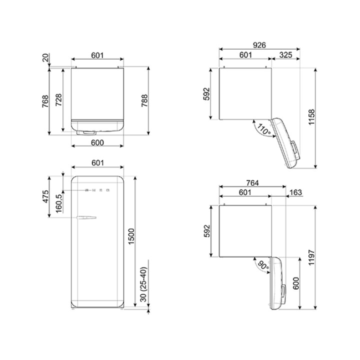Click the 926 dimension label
pos(259,45)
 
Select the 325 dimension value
pos(286,55)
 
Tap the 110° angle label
pos(263,129)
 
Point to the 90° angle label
pos(263,265)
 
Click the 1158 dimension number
pos(311,117)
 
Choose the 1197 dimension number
pos(311,257)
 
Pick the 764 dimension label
pos(252,183)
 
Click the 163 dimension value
pos(296,192)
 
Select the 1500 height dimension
pos(131,236)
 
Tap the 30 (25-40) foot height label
pos(143,284)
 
